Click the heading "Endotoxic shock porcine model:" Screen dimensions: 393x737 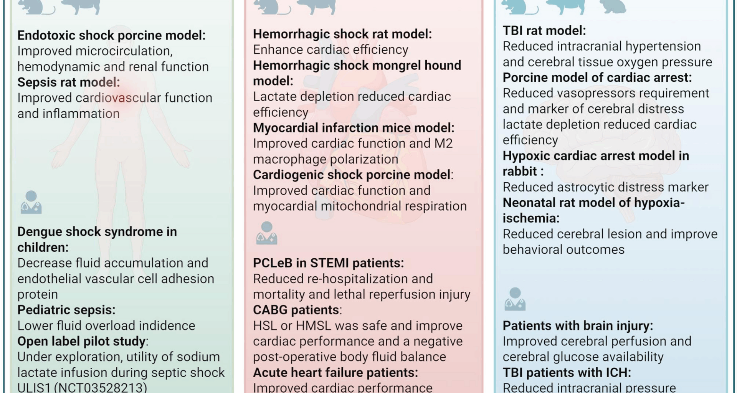click(111, 35)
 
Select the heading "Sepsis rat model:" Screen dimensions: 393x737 click(68, 82)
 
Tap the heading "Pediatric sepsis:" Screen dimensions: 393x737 click(66, 310)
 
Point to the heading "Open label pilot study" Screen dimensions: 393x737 click(81, 341)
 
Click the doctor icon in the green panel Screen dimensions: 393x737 click(31, 202)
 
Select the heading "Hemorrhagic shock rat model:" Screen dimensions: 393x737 click(342, 34)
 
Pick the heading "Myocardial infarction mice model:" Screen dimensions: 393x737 click(353, 128)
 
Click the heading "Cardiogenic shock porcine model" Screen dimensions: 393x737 click(351, 175)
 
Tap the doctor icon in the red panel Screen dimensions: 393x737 click(266, 233)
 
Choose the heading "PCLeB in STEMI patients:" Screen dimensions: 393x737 click(328, 263)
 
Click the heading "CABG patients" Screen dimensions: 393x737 click(296, 310)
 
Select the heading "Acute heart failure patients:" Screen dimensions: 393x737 click(335, 372)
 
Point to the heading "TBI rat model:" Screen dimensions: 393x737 click(544, 30)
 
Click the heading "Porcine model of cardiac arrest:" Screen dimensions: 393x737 click(597, 78)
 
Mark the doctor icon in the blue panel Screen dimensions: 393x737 click(515, 299)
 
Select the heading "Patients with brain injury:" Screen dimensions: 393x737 click(578, 325)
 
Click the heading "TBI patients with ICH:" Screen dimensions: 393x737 click(567, 372)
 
